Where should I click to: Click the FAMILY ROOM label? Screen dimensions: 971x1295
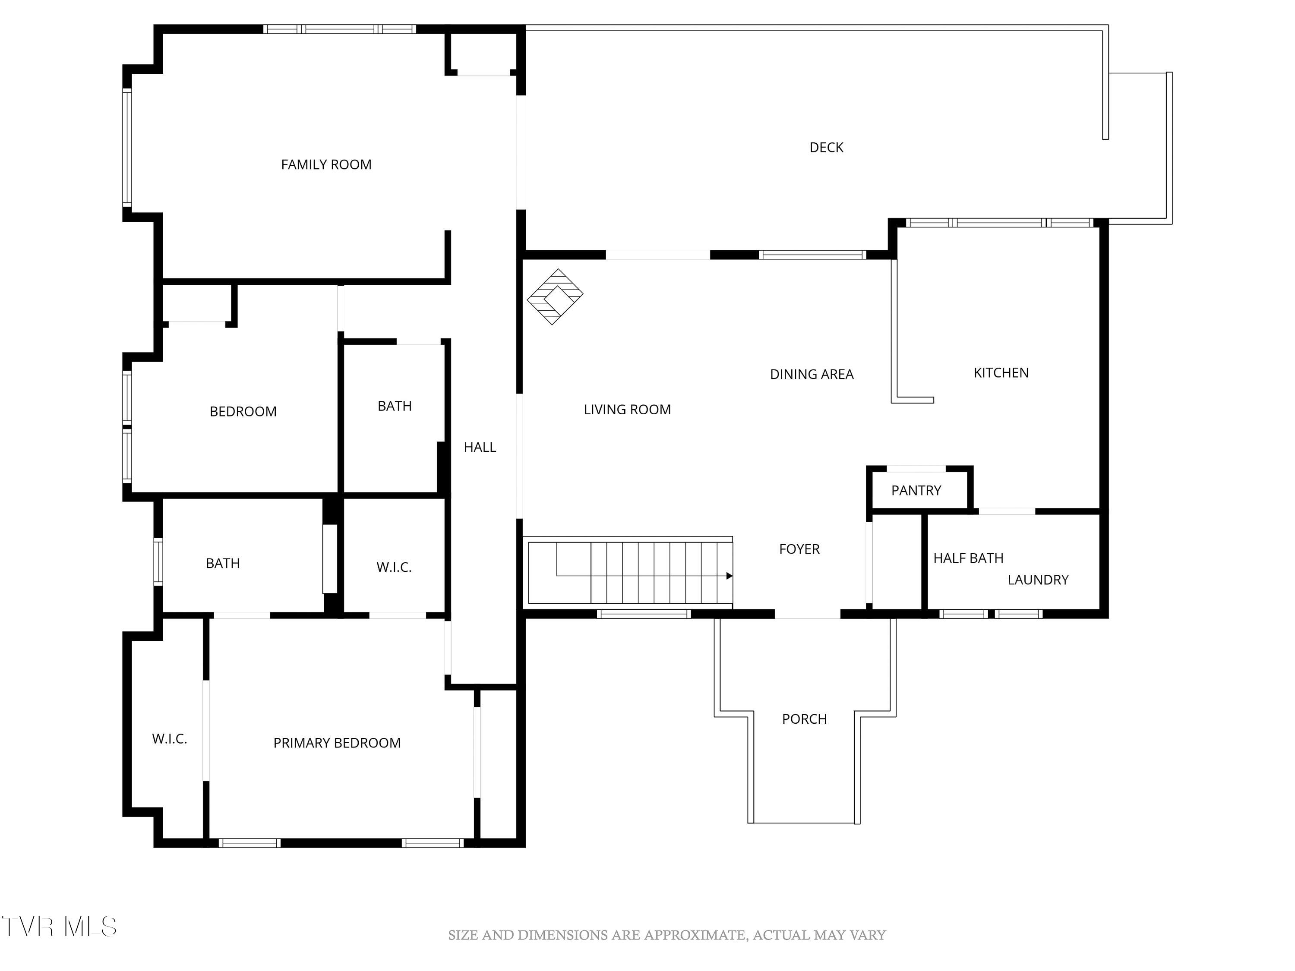(326, 165)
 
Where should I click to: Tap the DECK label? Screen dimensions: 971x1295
(826, 148)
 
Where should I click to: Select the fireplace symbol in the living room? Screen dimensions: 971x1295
(554, 297)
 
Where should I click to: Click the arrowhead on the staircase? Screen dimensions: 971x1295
(730, 576)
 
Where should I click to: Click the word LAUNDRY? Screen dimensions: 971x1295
(1038, 580)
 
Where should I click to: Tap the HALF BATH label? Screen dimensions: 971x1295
(968, 558)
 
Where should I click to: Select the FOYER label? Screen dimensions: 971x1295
(799, 549)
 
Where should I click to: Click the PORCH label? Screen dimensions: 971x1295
(804, 719)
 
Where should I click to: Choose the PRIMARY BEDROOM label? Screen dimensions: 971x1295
(337, 743)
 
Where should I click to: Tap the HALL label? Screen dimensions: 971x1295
(480, 447)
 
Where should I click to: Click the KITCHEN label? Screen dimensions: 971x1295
(1001, 373)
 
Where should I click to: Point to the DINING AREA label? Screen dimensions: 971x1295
(812, 375)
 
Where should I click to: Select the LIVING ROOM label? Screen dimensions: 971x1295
(627, 410)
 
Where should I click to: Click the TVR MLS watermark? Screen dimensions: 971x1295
(59, 927)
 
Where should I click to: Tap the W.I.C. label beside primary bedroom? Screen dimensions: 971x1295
(169, 739)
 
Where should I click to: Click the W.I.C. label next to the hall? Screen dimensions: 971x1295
(394, 567)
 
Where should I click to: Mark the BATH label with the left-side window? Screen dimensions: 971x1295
(222, 564)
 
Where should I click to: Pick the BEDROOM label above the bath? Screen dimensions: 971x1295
(243, 411)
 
